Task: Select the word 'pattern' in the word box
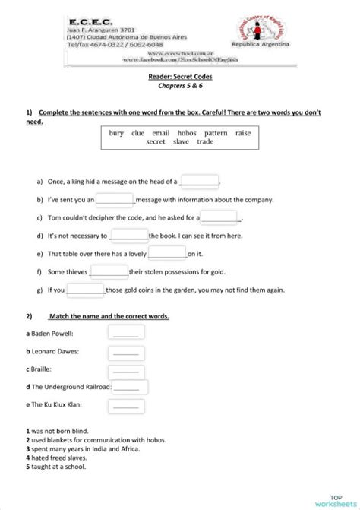(216, 133)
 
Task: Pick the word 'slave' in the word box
(181, 142)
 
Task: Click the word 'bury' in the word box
(116, 133)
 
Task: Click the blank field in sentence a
(200, 181)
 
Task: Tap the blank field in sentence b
(115, 199)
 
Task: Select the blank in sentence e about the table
(167, 253)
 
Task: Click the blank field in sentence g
(85, 289)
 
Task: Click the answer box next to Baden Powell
(126, 333)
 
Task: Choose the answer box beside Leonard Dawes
(126, 352)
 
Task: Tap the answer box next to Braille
(126, 369)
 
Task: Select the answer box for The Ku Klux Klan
(126, 406)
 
